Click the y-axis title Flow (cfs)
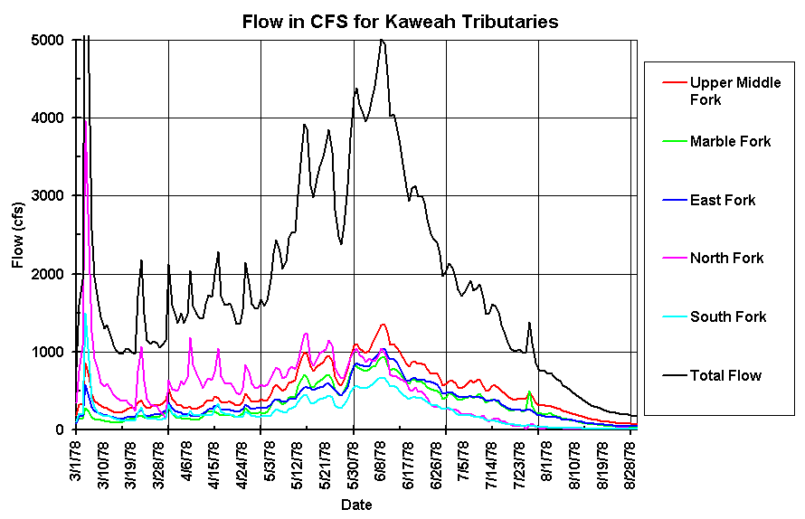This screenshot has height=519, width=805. pyautogui.click(x=18, y=234)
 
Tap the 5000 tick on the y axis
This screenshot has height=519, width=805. pyautogui.click(x=47, y=40)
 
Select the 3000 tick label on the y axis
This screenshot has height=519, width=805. pyautogui.click(x=47, y=195)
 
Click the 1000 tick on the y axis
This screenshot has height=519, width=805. pyautogui.click(x=47, y=352)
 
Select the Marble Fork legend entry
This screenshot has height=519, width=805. pyautogui.click(x=730, y=141)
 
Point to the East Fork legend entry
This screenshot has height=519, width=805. pyautogui.click(x=722, y=200)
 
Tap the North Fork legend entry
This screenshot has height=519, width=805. pyautogui.click(x=726, y=259)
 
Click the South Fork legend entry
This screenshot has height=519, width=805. pyautogui.click(x=727, y=316)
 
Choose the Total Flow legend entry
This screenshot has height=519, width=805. pyautogui.click(x=725, y=375)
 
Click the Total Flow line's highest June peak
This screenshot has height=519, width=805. pyautogui.click(x=382, y=40)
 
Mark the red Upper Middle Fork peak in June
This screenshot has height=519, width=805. pyautogui.click(x=383, y=324)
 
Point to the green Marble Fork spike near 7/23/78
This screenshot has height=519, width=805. pyautogui.click(x=528, y=392)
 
